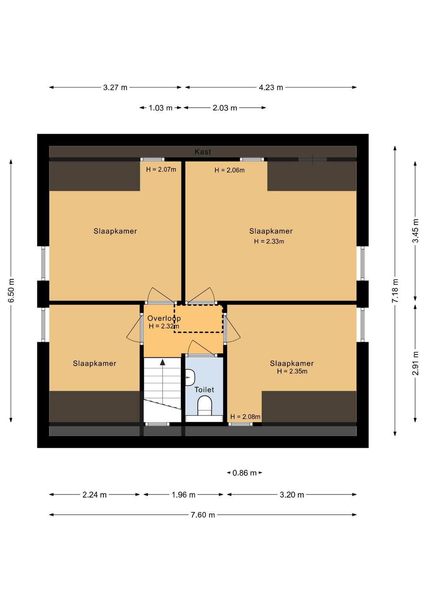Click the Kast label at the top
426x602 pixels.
(203, 152)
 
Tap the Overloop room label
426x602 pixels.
(164, 318)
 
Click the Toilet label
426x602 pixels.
(204, 390)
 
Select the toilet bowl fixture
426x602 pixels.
(205, 406)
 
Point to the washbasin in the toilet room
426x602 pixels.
(190, 377)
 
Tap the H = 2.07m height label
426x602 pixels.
(161, 169)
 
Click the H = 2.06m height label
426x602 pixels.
(230, 170)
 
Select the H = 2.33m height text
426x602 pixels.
(269, 241)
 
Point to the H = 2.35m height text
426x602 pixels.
(292, 371)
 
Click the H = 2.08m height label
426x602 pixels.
(245, 417)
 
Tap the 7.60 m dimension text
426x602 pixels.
(203, 515)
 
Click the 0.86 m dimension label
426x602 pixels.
(244, 473)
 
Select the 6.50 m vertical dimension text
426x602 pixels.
(11, 290)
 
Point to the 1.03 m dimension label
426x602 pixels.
(161, 108)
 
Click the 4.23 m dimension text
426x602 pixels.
(271, 87)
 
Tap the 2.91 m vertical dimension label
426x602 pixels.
(415, 363)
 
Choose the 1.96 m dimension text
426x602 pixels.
(183, 495)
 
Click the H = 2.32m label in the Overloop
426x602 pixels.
(164, 326)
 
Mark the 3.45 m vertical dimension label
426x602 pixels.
(415, 231)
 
